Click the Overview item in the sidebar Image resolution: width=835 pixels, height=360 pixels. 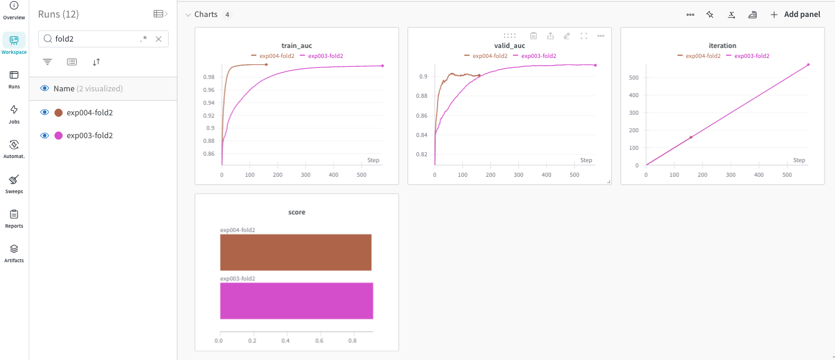pos(13,11)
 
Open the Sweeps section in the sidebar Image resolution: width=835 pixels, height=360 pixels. pos(14,183)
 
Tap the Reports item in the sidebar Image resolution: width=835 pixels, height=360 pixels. pos(14,218)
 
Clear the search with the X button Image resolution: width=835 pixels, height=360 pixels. pos(159,39)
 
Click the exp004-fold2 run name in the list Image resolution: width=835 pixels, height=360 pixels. pos(90,112)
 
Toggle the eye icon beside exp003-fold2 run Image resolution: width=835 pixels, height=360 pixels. pos(44,135)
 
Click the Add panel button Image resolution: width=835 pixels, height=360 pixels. pos(795,15)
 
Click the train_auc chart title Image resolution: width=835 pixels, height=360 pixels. pos(296,46)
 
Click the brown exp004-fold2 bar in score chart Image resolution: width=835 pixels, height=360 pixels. pos(296,252)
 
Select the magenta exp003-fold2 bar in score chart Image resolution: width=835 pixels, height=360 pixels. pos(296,301)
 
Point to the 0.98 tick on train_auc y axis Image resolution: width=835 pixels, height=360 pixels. pos(208,77)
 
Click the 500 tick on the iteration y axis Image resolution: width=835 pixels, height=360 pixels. pos(634,77)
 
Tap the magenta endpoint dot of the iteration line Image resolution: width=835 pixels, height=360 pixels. pos(808,65)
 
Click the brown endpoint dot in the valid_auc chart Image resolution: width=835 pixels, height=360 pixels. pos(479,76)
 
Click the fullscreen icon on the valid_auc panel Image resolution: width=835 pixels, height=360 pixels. pos(584,36)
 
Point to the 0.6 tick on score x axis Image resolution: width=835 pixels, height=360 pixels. pos(319,340)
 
